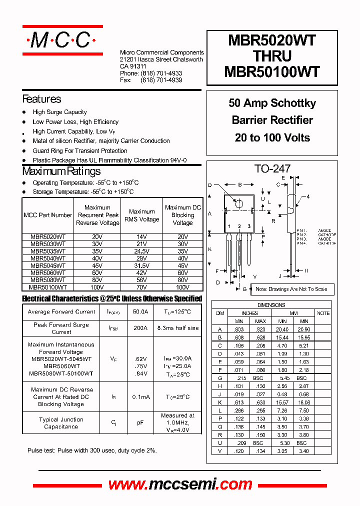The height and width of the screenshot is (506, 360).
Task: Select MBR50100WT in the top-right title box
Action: pos(272,72)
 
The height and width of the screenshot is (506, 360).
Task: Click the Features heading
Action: pos(41,99)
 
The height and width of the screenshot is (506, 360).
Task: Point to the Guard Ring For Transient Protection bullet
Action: pos(80,150)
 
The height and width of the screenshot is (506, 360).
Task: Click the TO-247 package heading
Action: pos(272,169)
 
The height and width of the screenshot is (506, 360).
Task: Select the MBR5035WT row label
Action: pos(47,251)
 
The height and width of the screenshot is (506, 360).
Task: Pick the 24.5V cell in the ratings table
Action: pos(141,251)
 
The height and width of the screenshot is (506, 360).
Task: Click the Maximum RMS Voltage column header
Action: pos(141,215)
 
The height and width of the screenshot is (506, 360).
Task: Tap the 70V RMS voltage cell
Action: pos(141,287)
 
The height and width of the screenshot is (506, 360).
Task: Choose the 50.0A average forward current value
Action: pos(140,312)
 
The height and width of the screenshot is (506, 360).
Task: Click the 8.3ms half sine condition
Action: pos(177,328)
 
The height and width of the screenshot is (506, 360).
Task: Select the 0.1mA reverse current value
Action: pos(140,397)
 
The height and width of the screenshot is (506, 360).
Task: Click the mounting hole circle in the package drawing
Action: pos(239,203)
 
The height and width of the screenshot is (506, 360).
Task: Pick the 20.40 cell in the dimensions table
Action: pos(282,329)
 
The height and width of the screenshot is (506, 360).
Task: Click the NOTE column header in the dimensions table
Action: pos(323,313)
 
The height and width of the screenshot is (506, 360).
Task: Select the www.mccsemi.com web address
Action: pos(180,484)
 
